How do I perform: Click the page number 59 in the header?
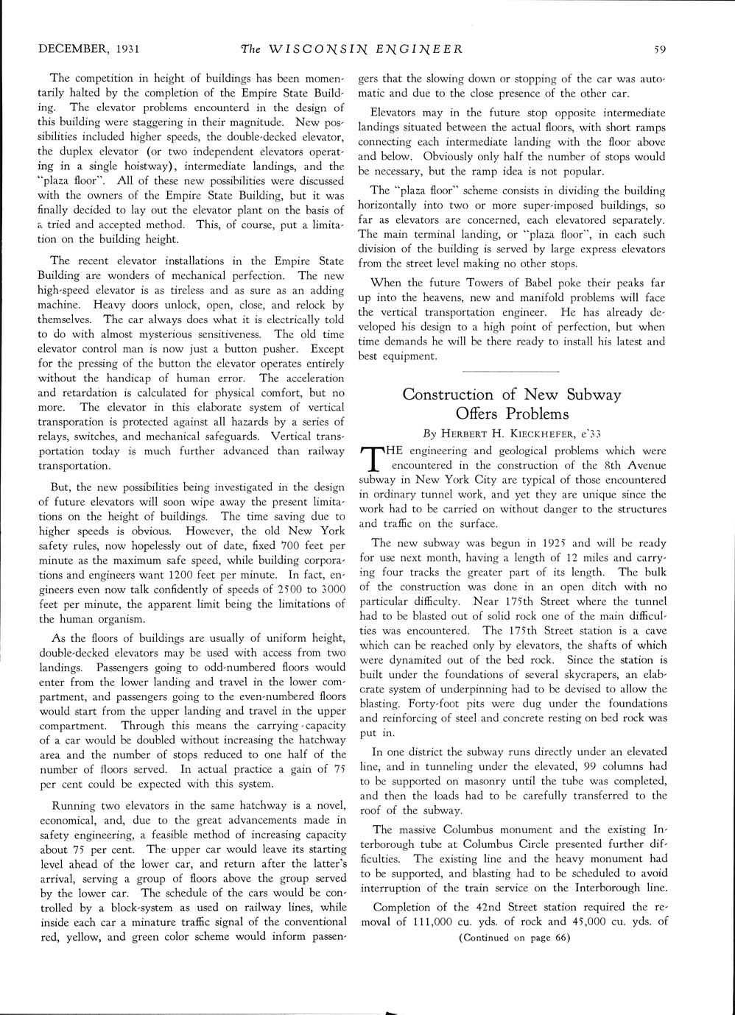[x=659, y=50]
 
